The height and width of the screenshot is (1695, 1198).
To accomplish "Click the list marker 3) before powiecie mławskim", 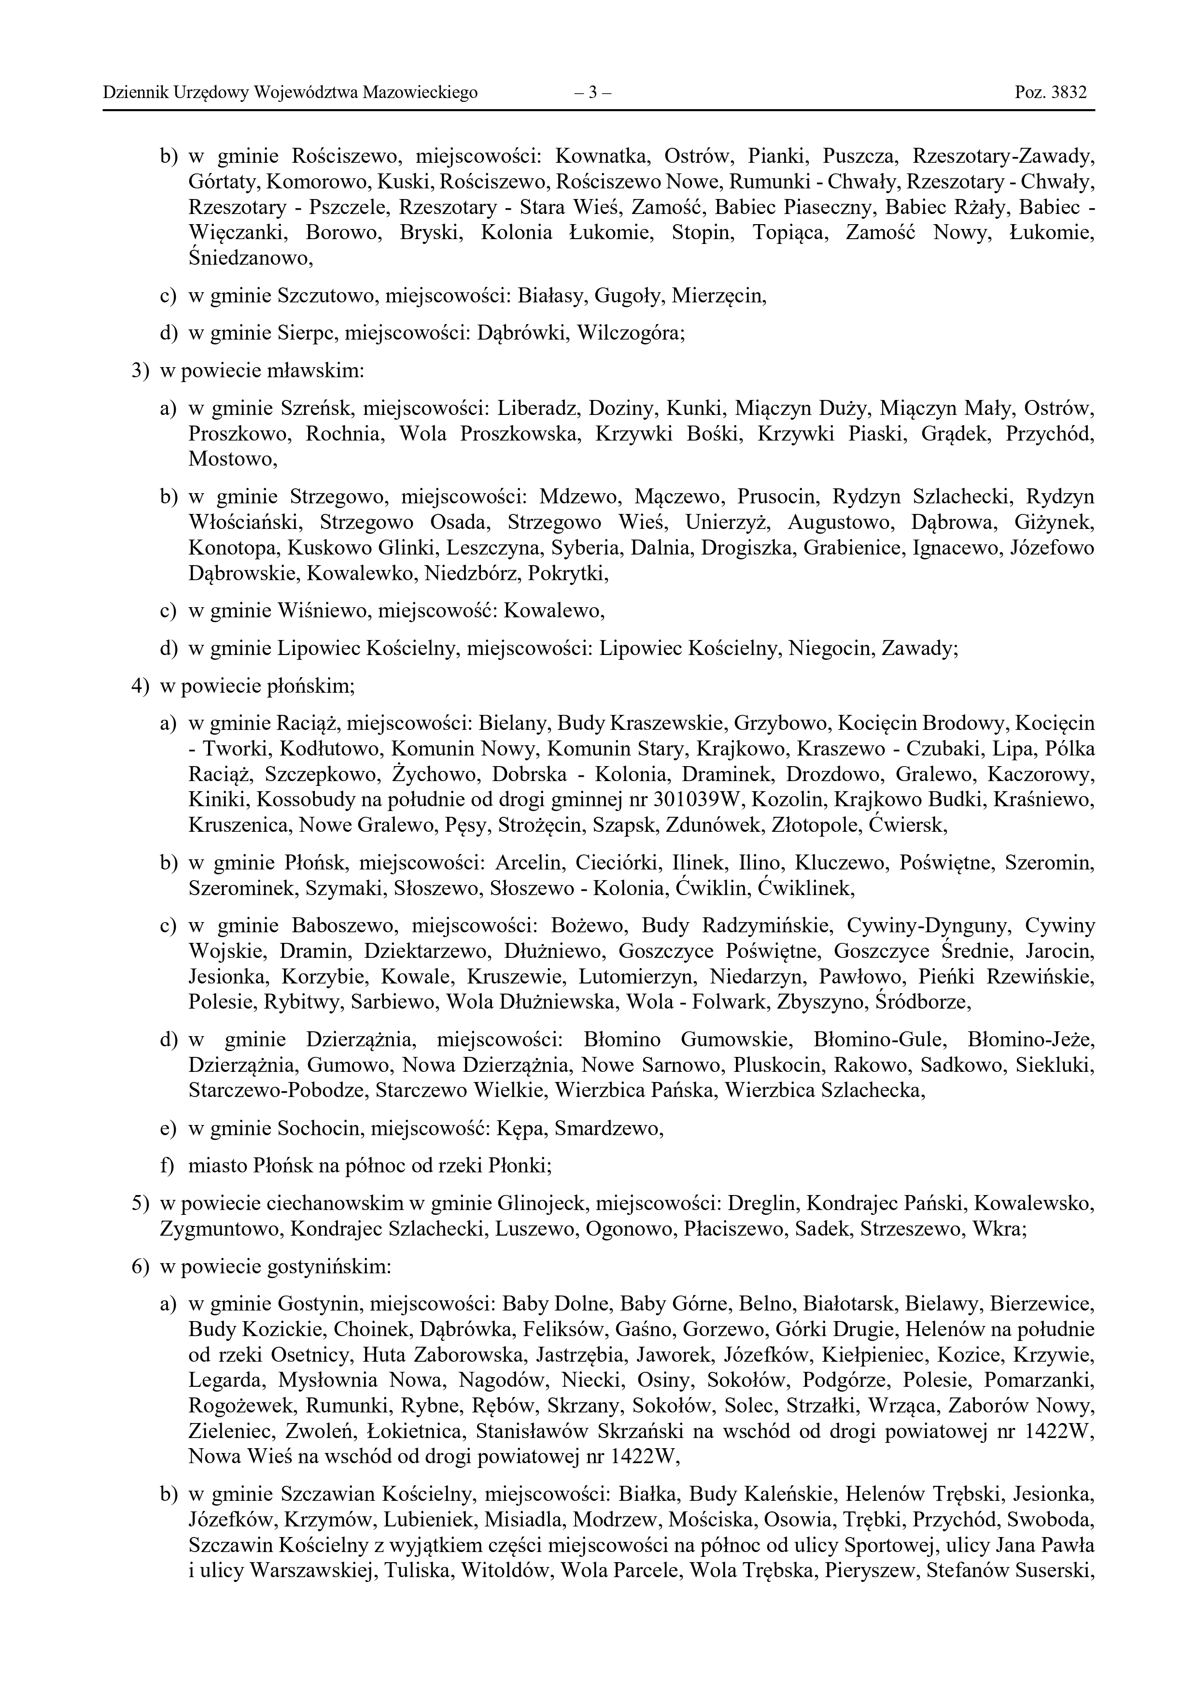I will (x=140, y=370).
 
